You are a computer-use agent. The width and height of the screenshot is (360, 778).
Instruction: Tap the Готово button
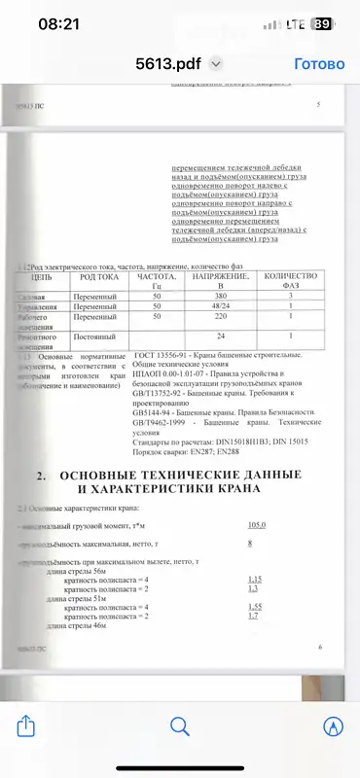(319, 64)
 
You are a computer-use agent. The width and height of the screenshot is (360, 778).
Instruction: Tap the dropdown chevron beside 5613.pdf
(216, 64)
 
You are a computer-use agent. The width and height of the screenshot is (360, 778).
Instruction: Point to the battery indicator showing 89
(321, 25)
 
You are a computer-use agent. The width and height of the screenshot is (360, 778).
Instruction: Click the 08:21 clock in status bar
(57, 25)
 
